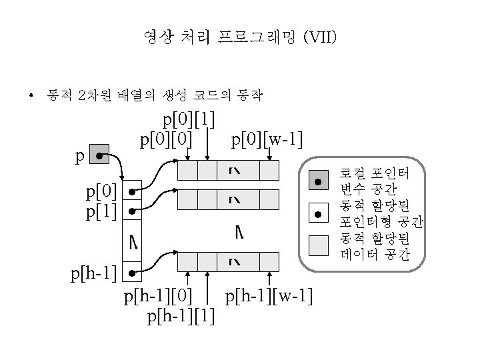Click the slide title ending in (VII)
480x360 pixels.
[240, 37]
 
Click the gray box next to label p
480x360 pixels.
[99, 156]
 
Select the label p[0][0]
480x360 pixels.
[166, 139]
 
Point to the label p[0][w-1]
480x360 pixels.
[267, 139]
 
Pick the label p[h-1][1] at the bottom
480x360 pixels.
[181, 315]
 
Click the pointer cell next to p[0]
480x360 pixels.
[133, 191]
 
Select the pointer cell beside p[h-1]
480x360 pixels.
[133, 273]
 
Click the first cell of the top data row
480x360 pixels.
[189, 171]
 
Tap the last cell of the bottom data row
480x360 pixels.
[269, 261]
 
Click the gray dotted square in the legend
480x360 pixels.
[319, 181]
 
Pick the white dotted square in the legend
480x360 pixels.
[319, 213]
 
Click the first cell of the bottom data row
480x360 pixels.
[189, 261]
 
